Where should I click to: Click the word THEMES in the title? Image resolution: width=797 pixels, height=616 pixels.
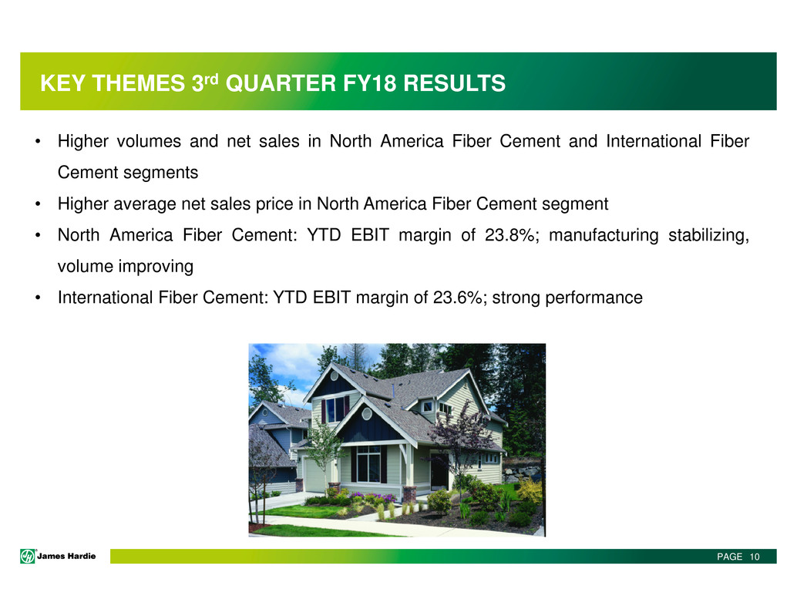pos(139,83)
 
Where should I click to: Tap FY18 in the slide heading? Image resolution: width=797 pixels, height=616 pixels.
pos(369,83)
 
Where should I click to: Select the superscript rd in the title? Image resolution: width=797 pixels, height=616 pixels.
pos(211,79)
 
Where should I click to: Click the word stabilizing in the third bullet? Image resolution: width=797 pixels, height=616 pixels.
pos(708,235)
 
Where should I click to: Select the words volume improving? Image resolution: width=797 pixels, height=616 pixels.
pos(126,266)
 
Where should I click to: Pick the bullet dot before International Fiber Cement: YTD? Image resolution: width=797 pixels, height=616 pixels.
pos(38,298)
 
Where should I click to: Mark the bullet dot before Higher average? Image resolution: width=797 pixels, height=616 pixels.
pos(38,204)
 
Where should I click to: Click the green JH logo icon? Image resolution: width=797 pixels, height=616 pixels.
pos(28,557)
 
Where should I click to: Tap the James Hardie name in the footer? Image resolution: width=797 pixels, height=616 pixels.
pos(66,557)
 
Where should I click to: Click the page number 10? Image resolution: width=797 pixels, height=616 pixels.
pos(755,557)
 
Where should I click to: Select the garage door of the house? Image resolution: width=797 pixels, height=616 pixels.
pos(314,475)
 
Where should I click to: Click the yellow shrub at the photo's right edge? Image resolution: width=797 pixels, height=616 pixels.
pos(530,490)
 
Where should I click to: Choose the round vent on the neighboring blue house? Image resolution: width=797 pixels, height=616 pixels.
pos(265,412)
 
